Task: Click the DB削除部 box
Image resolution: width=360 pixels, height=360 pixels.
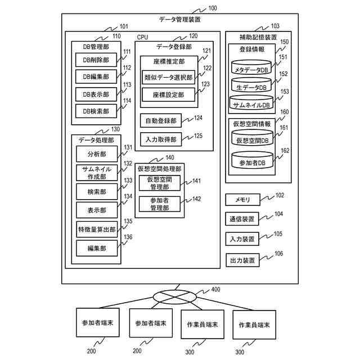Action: (x=96, y=60)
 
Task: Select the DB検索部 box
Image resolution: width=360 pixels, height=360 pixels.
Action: (x=96, y=111)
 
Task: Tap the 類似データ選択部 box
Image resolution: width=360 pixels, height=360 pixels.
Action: (x=168, y=77)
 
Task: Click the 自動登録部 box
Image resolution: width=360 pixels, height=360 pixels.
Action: (x=160, y=121)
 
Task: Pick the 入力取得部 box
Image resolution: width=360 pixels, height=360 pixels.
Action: (x=160, y=139)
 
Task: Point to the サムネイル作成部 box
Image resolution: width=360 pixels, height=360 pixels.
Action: (x=96, y=172)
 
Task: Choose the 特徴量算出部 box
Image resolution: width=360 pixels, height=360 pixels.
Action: (x=96, y=229)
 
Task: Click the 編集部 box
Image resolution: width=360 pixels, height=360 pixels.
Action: (x=96, y=247)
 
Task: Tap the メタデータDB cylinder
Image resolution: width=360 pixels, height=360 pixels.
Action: (x=253, y=69)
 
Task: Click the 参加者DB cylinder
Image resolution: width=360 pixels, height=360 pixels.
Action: (x=253, y=161)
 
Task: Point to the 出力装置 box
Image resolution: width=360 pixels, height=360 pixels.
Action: (x=242, y=260)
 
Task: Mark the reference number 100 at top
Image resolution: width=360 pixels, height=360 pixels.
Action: (x=213, y=8)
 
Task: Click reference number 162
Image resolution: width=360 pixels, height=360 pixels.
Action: (x=285, y=151)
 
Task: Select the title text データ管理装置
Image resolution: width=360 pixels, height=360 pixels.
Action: (x=180, y=19)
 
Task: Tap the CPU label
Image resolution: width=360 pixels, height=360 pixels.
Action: (x=143, y=37)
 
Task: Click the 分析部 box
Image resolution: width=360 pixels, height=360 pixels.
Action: (x=96, y=154)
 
